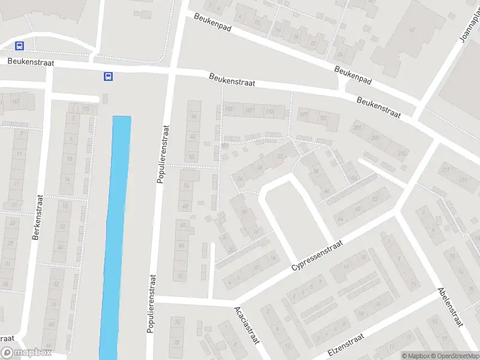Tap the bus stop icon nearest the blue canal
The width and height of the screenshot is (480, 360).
108,76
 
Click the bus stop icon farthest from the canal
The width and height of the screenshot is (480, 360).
20,46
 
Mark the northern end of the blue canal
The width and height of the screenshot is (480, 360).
122,118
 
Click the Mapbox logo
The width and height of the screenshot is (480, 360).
25,353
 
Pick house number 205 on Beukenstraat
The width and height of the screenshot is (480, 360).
358,128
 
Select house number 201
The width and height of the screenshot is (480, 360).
325,119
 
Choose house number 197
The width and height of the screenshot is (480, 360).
303,114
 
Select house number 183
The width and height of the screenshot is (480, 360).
228,109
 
